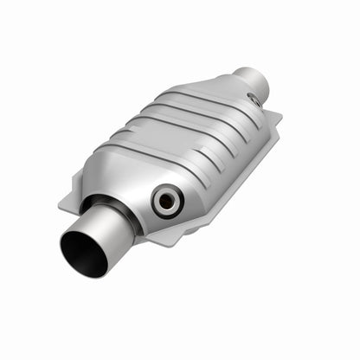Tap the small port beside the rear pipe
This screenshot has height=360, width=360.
254,100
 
